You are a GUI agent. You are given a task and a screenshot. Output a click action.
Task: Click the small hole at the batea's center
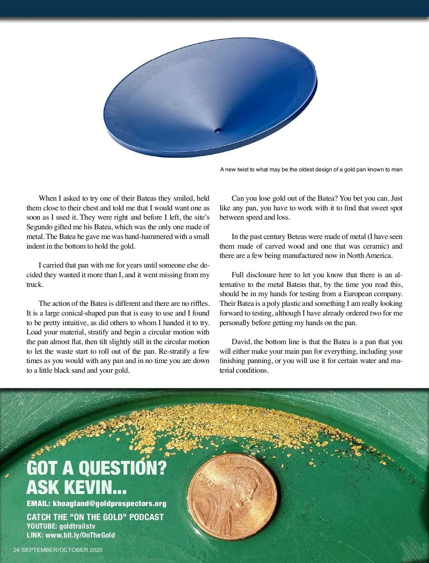(218, 131)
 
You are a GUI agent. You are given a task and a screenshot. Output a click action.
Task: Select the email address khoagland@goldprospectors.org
(109, 504)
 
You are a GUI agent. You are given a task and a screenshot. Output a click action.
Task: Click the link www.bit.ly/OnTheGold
(80, 535)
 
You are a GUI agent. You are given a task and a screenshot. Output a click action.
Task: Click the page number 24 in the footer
(16, 550)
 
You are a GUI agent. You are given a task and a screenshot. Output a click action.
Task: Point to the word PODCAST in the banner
(147, 517)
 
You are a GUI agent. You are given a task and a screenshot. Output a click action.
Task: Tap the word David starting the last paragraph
(241, 342)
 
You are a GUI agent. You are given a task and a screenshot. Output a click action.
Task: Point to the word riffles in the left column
(199, 303)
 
